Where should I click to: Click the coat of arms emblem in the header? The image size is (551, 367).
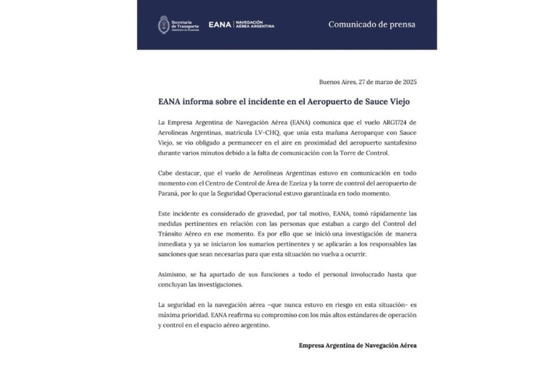point(164,25)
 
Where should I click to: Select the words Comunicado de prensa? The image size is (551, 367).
point(372,25)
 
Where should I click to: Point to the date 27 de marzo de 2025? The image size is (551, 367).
point(387,82)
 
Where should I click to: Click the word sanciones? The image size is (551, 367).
point(175,254)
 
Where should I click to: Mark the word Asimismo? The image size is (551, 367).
point(172,275)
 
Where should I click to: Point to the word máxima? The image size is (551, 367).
point(169,315)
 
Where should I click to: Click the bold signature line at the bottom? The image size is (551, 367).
point(358,345)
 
